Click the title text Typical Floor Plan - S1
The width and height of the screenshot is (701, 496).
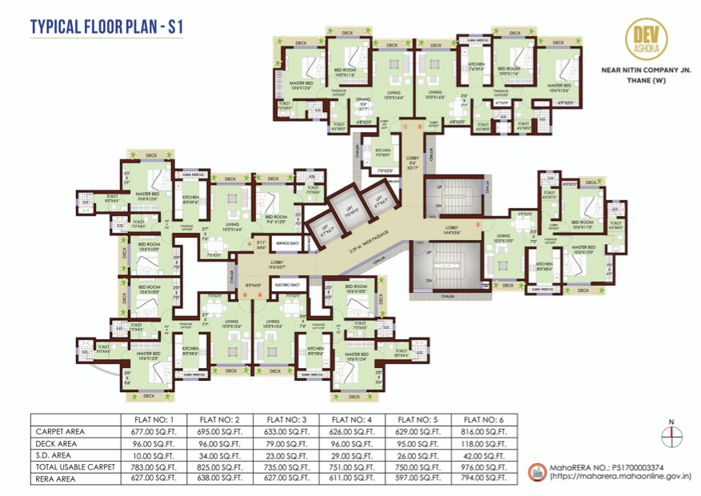pyautogui.click(x=107, y=27)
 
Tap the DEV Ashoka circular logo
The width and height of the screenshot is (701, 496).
pyautogui.click(x=646, y=40)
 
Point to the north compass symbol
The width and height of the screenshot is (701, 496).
pyautogui.click(x=672, y=434)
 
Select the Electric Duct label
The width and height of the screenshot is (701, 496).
pyautogui.click(x=286, y=284)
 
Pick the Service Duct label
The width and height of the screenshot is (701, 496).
pyautogui.click(x=286, y=242)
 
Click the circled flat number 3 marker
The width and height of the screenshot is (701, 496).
pyautogui.click(x=478, y=224)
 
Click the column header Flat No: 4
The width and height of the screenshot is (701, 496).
pyautogui.click(x=353, y=418)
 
